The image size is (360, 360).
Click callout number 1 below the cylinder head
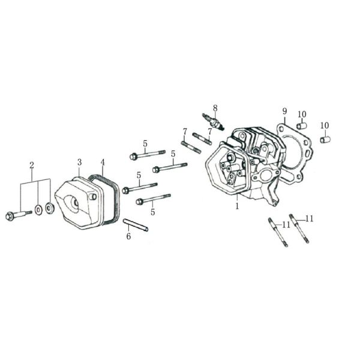pyautogui.click(x=237, y=206)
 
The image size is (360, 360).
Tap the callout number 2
pyautogui.click(x=32, y=164)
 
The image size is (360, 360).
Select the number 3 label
pyautogui.click(x=79, y=162)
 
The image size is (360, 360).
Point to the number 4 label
pyautogui.click(x=103, y=162)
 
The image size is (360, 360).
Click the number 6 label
pyautogui.click(x=128, y=236)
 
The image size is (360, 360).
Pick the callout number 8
pyautogui.click(x=215, y=108)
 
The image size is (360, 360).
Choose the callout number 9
pyautogui.click(x=285, y=111)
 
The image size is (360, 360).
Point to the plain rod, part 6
pyautogui.click(x=136, y=226)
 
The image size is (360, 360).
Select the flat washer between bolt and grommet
pyautogui.click(x=38, y=211)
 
